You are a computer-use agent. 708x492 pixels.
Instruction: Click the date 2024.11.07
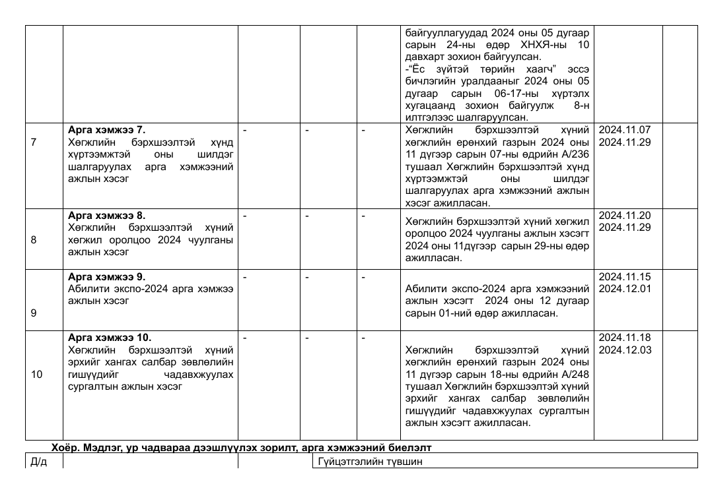coord(624,130)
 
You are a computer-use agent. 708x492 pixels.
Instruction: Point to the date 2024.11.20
coord(624,215)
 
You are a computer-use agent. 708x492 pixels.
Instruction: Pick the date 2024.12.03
coord(624,350)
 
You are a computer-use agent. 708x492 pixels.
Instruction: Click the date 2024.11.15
coord(624,276)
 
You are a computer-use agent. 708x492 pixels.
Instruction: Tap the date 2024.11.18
coord(624,338)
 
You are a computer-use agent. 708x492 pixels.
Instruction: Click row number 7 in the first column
coord(34,142)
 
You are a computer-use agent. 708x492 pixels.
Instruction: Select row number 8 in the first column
coord(34,240)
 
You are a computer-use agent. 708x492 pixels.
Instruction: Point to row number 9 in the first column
coord(34,313)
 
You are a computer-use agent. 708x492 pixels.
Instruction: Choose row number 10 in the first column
coord(36,375)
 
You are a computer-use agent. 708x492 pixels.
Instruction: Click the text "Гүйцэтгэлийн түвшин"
coord(370,462)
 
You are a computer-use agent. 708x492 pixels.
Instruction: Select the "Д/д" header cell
coord(39,462)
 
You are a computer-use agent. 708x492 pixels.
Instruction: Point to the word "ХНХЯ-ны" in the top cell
coord(552,44)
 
